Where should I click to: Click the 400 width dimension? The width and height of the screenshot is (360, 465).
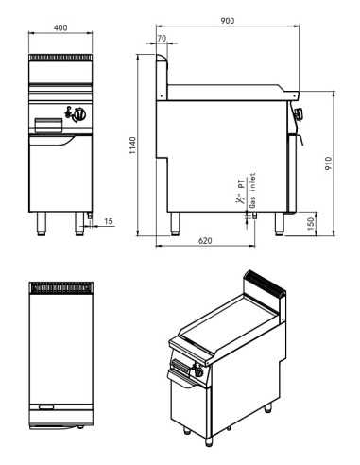61,28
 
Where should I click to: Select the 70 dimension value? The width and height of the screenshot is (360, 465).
161,39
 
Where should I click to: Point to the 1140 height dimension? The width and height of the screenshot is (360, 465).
133,144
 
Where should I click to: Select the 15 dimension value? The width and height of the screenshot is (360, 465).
109,220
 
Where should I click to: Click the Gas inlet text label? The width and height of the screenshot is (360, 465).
252,197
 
